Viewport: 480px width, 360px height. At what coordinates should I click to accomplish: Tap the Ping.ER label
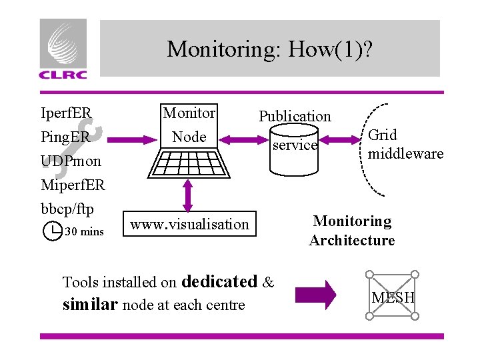[65, 137]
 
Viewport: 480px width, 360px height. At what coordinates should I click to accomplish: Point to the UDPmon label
[71, 161]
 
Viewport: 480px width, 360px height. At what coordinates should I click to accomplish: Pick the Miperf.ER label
[73, 184]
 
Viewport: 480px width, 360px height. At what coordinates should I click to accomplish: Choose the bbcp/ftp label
[67, 207]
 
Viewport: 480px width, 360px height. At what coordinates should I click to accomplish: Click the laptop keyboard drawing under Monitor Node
[189, 163]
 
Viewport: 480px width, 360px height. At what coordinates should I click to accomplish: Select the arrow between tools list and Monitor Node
[127, 139]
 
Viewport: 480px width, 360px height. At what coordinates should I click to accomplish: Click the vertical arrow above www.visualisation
[188, 195]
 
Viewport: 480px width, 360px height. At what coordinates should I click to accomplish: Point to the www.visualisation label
[189, 224]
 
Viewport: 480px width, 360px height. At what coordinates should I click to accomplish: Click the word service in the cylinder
[295, 145]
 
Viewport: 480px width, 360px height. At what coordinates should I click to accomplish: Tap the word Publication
[295, 116]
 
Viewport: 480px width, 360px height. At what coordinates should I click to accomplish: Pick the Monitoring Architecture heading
[352, 230]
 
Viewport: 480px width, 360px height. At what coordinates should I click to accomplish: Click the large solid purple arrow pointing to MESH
[316, 294]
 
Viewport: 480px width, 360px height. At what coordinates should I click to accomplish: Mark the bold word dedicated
[219, 281]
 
